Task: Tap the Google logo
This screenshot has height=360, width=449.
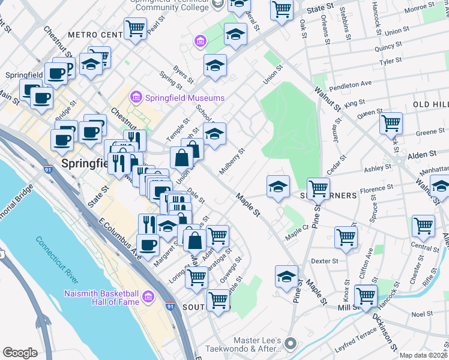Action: (x=20, y=353)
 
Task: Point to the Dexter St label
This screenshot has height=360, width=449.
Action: (x=325, y=261)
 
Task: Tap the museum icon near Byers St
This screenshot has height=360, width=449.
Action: (x=200, y=41)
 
